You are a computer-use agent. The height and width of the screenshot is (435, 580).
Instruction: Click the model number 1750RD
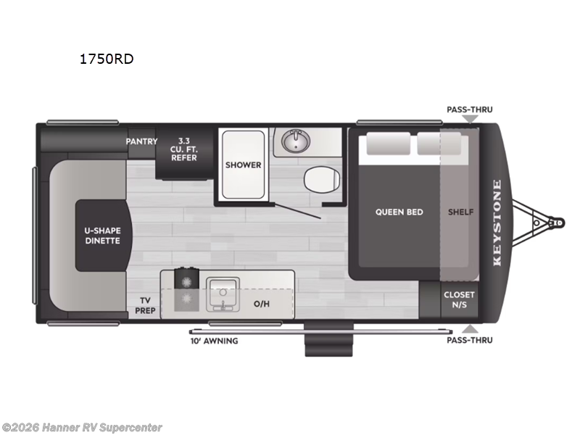107,59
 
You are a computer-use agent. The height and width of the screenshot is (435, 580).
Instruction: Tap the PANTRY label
141,141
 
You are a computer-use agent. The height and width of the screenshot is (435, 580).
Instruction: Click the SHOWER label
243,165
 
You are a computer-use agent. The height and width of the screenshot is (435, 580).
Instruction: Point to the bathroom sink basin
295,141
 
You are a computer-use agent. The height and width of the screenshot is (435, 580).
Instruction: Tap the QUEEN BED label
399,212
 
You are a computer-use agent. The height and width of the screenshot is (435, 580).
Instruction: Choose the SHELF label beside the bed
460,212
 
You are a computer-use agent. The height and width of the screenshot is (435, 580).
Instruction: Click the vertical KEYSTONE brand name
497,223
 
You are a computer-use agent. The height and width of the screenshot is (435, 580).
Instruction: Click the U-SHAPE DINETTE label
102,236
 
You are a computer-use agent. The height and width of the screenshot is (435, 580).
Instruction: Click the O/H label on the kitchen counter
261,302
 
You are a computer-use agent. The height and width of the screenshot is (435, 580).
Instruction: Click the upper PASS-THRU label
469,109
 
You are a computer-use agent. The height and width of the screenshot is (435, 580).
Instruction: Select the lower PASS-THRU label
469,339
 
